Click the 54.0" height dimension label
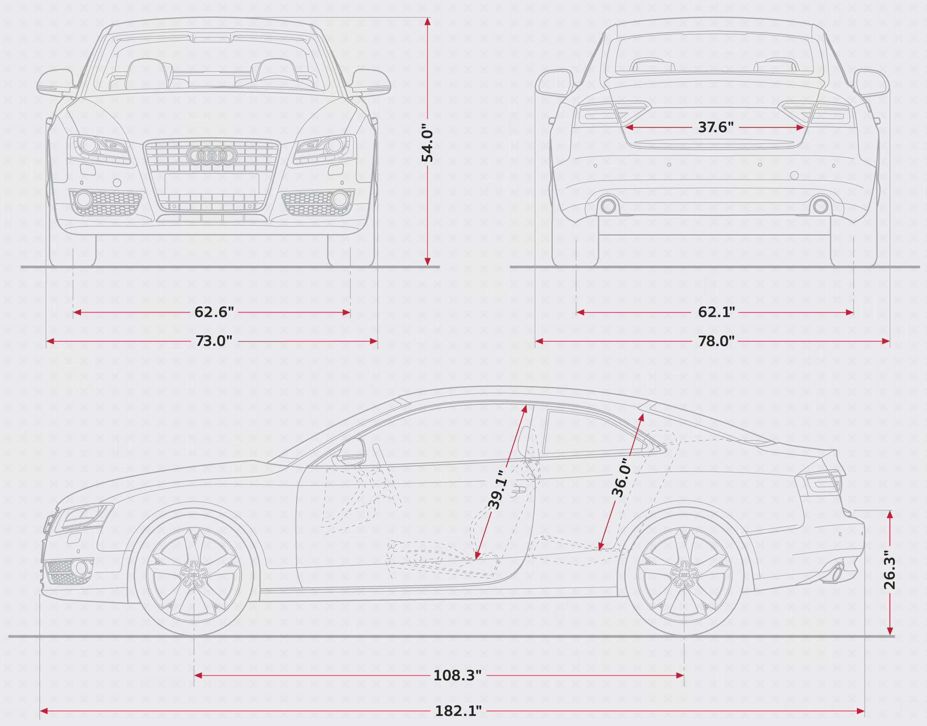tap(427, 143)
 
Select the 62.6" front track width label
tap(214, 312)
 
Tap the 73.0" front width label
tap(214, 341)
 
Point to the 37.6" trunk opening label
tap(716, 127)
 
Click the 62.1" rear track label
tap(716, 312)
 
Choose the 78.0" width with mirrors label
tap(716, 341)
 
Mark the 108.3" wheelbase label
tap(457, 675)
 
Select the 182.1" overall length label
tap(458, 711)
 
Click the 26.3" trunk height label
tap(890, 570)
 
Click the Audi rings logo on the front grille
tap(212, 156)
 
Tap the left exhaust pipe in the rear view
tap(608, 206)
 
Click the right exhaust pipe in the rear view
tap(820, 206)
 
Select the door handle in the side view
tap(519, 490)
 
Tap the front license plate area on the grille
tap(212, 184)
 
